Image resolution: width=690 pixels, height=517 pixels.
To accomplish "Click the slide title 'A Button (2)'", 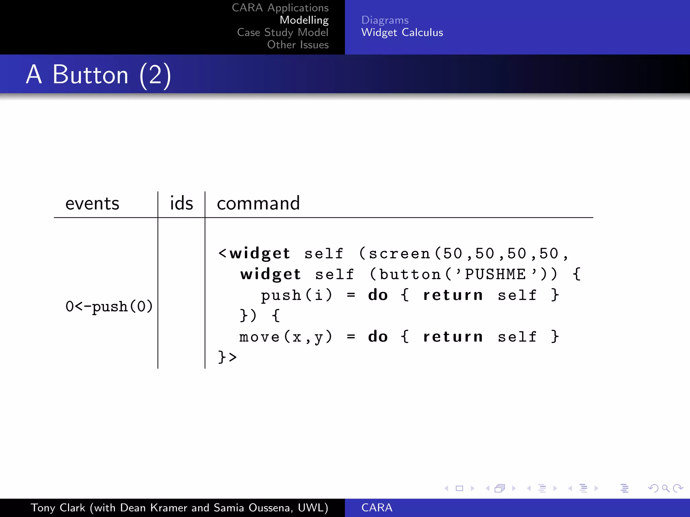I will coord(98,74).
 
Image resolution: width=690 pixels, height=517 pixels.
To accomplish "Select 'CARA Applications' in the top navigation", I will coord(280,8).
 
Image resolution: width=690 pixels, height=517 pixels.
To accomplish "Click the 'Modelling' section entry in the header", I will coord(304,20).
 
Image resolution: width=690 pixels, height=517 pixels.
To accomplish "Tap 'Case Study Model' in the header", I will coord(282,33).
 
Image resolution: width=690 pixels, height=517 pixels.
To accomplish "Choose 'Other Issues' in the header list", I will coord(297,45).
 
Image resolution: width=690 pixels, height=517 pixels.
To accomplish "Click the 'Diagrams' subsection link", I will coord(385,20).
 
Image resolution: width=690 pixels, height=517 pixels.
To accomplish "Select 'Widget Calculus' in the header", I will coord(402,33).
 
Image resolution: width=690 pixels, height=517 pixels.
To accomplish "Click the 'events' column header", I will coord(92,204).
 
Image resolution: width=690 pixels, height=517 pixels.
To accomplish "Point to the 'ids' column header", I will coord(181,203).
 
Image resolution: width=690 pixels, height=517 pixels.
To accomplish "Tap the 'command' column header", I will coord(258,203).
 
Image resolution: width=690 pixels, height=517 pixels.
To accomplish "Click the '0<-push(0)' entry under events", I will coord(109,307).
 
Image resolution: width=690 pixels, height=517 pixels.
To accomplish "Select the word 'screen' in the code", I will coord(400,254).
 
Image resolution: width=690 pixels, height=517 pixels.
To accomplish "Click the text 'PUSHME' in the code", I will coord(495,275).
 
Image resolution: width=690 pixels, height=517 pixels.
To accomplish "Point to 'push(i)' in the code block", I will coord(296,296).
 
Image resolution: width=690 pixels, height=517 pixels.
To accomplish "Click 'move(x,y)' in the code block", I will coord(286,337).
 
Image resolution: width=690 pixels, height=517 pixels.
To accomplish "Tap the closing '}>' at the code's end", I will coord(227,357).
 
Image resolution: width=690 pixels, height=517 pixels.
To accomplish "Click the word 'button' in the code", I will coord(410,275).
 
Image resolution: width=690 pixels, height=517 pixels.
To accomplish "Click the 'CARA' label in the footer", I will coord(377,508).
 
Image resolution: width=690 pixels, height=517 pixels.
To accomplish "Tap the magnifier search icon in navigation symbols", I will coord(665,488).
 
